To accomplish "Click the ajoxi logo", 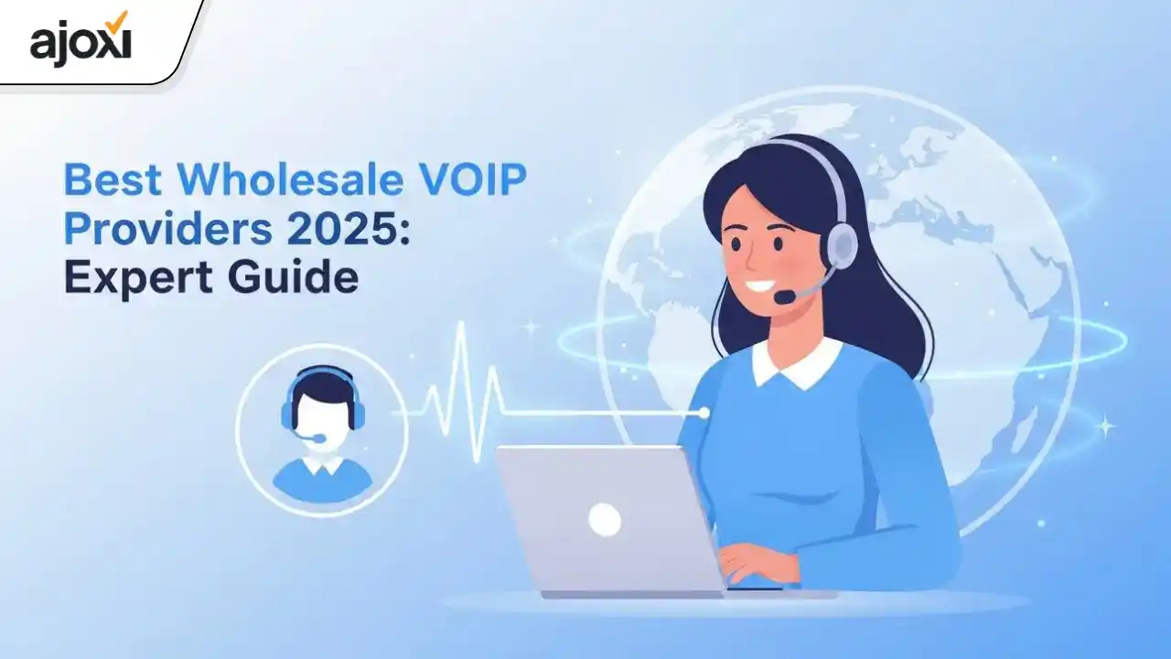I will pos(81,41).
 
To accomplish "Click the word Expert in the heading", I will pos(128,277).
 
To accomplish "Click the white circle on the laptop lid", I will pos(605,520).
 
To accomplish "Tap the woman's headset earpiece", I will pos(840,243).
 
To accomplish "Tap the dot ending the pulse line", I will pos(703,414).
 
